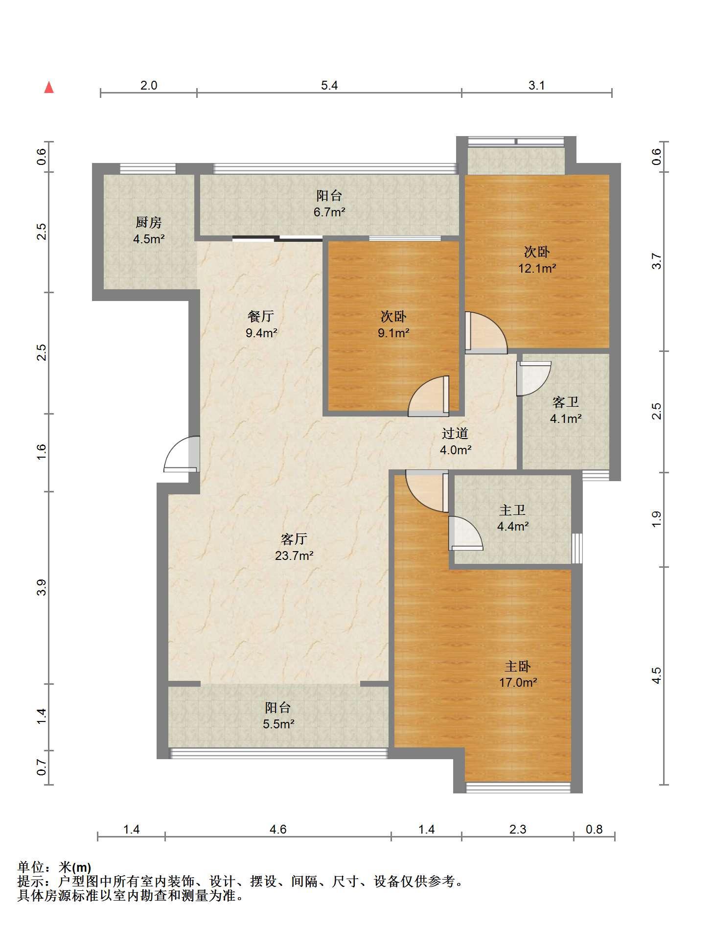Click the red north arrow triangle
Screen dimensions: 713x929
[x=49, y=88]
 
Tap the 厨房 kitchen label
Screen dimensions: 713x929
[x=148, y=223]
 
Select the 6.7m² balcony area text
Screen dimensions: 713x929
[x=329, y=212]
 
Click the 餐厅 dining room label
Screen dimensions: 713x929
[x=261, y=317]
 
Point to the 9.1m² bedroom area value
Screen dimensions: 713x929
[x=393, y=333]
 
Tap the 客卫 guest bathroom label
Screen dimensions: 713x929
[x=566, y=402]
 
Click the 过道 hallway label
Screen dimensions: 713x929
[x=455, y=433]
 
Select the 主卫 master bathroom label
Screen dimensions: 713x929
[x=512, y=510]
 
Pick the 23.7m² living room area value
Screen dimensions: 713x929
[x=294, y=556]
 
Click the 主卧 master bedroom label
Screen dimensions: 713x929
[x=518, y=666]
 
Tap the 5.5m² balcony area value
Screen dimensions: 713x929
[x=278, y=724]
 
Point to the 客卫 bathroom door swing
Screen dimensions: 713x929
[x=534, y=378]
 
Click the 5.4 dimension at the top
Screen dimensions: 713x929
[x=329, y=86]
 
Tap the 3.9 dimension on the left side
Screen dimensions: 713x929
[x=42, y=587]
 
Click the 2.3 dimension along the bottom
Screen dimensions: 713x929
[x=518, y=829]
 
